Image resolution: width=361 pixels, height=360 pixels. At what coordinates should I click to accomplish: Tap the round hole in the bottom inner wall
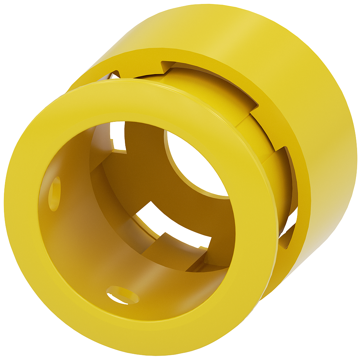click(123, 295)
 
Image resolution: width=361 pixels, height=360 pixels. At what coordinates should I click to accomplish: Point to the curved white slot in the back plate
click(170, 224)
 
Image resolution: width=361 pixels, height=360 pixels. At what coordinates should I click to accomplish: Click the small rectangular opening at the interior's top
click(118, 139)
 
